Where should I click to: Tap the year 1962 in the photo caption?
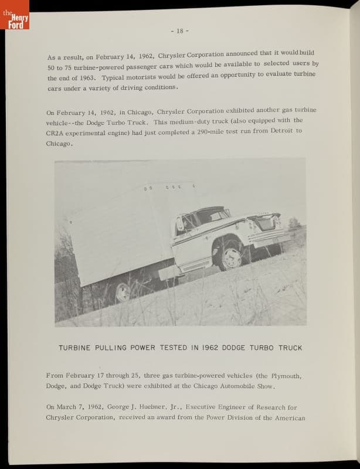[210, 348]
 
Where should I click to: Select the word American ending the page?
[290, 418]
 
